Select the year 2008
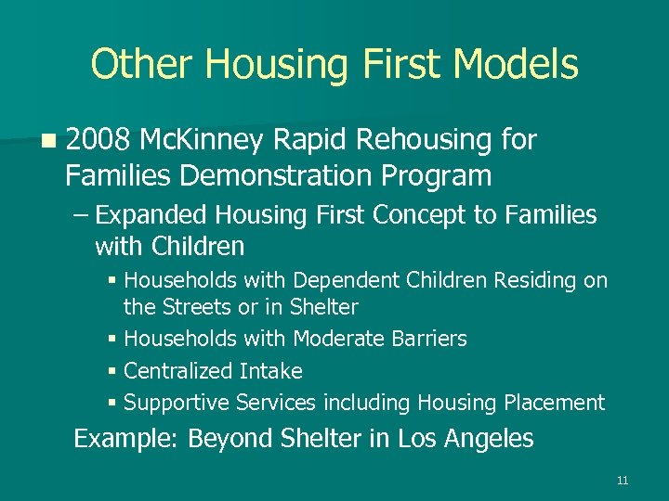[x=98, y=140]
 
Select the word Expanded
[x=153, y=215]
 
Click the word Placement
[x=554, y=403]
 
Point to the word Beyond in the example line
[x=223, y=438]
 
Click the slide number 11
[x=622, y=480]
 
